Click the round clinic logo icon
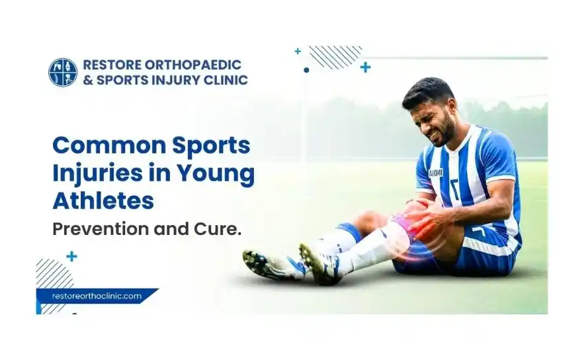point(63,72)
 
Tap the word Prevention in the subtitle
point(101,229)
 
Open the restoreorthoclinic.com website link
point(97,296)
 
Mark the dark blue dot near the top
point(306,70)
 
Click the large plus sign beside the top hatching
point(365,67)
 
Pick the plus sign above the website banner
point(72,257)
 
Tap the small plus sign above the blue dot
point(298,51)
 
